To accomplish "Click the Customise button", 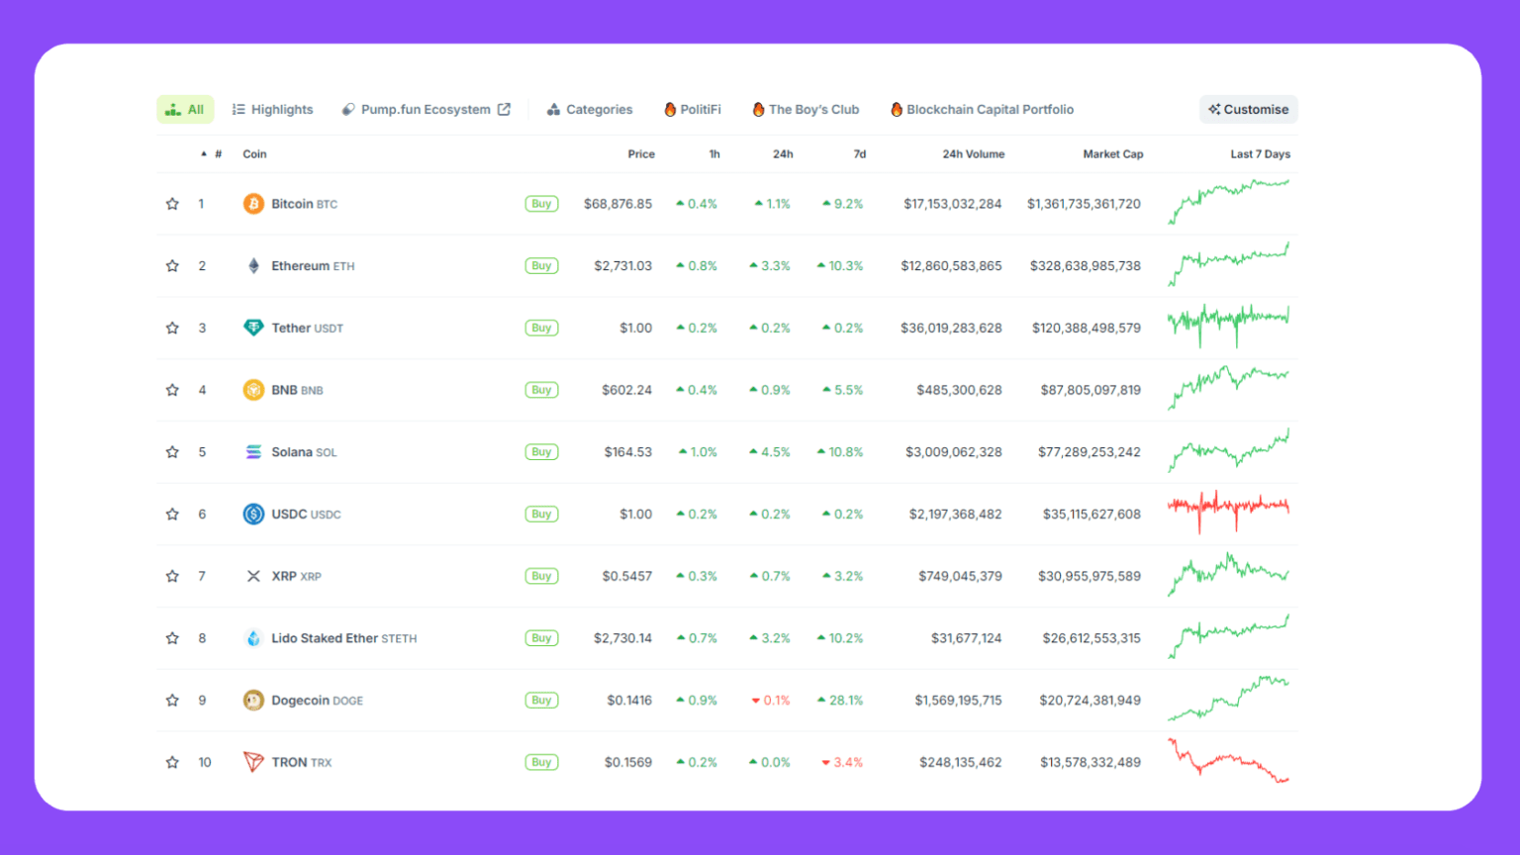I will pos(1248,110).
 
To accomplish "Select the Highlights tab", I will pos(273,110).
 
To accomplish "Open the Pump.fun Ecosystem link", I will pos(426,110).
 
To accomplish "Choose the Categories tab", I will pos(590,110).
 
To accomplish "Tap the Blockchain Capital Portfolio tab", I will pos(982,110).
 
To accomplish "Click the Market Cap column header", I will pos(1112,154).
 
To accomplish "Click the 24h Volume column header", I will pos(973,154).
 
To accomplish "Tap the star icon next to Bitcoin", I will pos(172,204).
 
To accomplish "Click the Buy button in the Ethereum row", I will pos(541,266).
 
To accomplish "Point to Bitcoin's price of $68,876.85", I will pos(617,204).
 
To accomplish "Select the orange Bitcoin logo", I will pos(253,204).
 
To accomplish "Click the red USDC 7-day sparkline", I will pos(1228,510).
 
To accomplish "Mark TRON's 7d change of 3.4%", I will pos(842,763).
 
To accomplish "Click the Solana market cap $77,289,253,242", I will pos(1089,452).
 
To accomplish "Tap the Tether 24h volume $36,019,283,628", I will pos(951,329).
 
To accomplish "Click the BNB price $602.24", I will pos(626,390).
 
